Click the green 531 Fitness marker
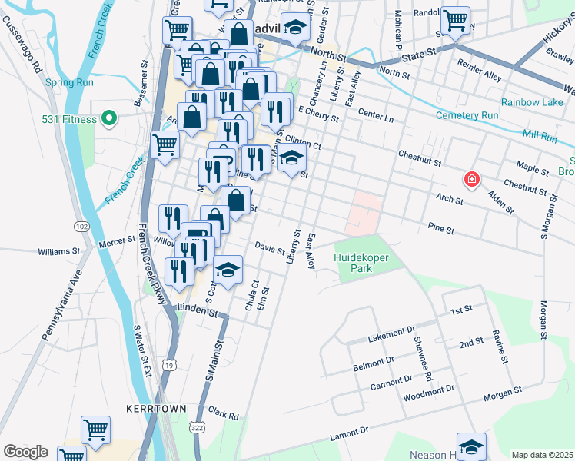click(109, 118)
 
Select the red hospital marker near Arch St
click(471, 180)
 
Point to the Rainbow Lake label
click(532, 102)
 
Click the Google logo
click(25, 452)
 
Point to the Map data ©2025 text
click(542, 455)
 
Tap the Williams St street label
click(59, 251)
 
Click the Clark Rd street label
click(223, 414)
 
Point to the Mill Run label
click(539, 135)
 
